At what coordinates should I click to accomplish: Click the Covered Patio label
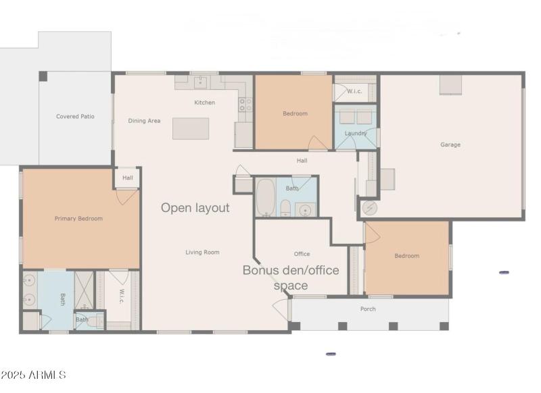point(75,117)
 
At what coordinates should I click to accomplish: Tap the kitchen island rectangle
point(191,128)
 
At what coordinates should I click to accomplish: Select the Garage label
point(450,145)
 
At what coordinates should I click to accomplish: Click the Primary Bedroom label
point(78,219)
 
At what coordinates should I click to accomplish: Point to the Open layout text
point(195,208)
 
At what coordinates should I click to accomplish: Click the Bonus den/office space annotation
point(291,278)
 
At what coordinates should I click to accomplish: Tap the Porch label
point(368,309)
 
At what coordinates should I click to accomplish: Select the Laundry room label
point(355,133)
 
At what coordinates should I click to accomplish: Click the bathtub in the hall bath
point(264,196)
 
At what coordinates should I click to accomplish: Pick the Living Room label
point(203,253)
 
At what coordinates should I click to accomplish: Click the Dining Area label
point(144,121)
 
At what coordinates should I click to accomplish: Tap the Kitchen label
point(204,103)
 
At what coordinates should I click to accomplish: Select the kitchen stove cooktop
point(245,105)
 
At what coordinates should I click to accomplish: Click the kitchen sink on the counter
point(200,82)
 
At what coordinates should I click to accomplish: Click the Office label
point(302,254)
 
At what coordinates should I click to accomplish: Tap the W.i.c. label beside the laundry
point(354,91)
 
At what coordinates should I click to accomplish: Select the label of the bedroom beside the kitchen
point(295,113)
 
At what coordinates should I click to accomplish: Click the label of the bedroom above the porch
point(406,256)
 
